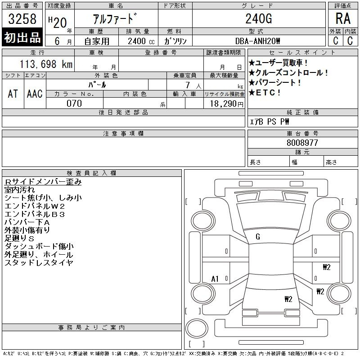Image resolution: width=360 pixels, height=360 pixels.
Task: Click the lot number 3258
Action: click(x=22, y=19)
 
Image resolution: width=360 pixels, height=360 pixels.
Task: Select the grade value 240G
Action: click(x=259, y=18)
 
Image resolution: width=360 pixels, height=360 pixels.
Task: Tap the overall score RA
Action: click(x=343, y=18)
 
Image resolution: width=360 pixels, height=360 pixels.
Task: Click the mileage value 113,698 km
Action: click(x=46, y=64)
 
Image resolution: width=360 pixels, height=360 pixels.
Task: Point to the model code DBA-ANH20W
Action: click(x=257, y=41)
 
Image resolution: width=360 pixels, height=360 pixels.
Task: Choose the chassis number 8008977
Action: click(x=302, y=143)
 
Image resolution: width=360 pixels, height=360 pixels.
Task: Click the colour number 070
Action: click(x=74, y=103)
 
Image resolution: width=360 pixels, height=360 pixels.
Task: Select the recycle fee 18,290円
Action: click(x=226, y=104)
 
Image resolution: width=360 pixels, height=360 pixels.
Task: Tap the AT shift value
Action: click(x=13, y=94)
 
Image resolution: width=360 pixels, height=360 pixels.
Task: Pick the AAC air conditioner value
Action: click(x=35, y=94)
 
